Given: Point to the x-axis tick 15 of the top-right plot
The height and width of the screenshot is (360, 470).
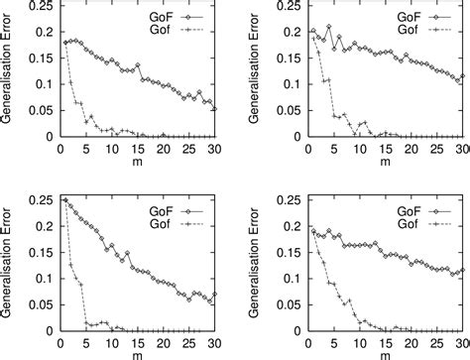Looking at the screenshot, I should click(x=375, y=145).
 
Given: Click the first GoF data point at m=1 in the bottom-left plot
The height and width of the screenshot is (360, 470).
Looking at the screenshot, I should click(x=64, y=200).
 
